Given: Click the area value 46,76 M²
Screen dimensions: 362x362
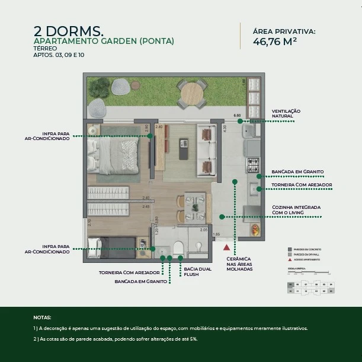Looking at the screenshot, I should [x=275, y=42].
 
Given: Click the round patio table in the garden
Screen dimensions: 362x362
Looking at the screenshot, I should [x=191, y=93].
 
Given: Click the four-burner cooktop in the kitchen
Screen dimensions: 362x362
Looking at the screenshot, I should [x=253, y=164].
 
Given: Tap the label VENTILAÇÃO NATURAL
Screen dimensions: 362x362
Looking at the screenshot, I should [x=286, y=113].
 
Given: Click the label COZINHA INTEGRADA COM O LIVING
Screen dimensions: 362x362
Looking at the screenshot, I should [x=296, y=209].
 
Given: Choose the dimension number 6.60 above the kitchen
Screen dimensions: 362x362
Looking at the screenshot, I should [x=237, y=116].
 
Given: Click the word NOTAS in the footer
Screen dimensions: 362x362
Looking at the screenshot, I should [x=43, y=317].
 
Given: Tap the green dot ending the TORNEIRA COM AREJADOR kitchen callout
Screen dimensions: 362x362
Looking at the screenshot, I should [x=258, y=189].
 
